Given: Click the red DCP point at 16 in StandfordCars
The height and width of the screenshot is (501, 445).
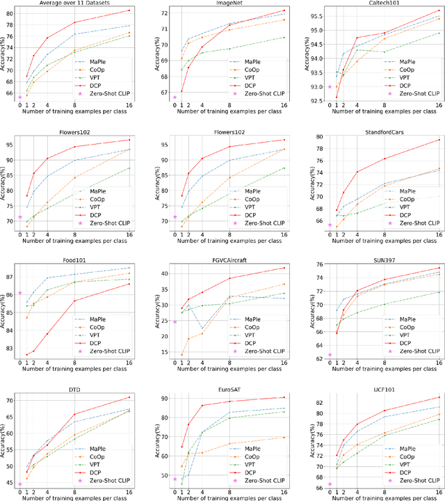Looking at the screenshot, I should pos(439,140).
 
